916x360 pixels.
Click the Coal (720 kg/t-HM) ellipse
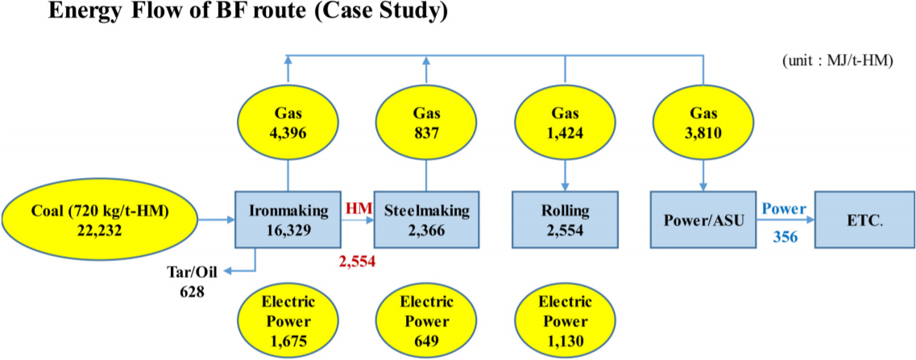pyautogui.click(x=100, y=219)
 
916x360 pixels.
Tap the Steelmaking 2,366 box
pyautogui.click(x=426, y=219)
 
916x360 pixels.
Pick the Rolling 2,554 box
pyautogui.click(x=566, y=219)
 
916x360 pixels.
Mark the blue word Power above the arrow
pyautogui.click(x=785, y=209)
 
